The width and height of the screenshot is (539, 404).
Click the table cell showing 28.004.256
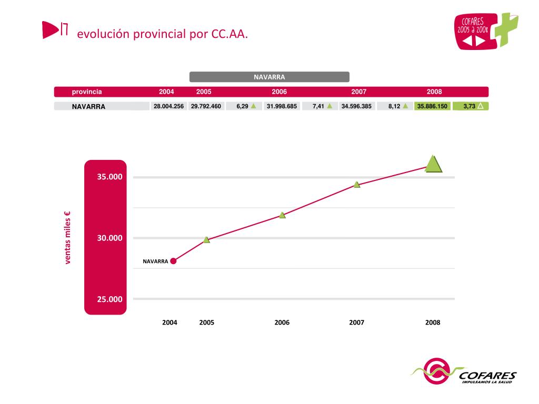(x=168, y=106)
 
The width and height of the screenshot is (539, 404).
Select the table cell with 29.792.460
(x=206, y=106)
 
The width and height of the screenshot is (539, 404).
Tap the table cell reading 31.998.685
(x=282, y=106)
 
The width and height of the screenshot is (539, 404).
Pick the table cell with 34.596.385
(x=356, y=106)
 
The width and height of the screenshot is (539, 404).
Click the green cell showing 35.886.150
(x=432, y=106)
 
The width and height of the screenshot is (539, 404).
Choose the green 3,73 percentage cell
(x=471, y=106)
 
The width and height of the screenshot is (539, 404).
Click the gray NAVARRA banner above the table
(x=269, y=77)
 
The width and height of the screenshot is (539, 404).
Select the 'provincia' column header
(x=87, y=92)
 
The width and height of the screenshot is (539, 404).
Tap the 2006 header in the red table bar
(x=279, y=92)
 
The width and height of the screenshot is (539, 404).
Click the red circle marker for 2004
(x=173, y=261)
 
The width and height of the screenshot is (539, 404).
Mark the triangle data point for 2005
(x=206, y=240)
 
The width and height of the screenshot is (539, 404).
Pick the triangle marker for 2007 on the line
(x=357, y=185)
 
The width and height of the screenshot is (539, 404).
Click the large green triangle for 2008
(x=433, y=165)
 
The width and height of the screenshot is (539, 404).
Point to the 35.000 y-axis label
(x=109, y=177)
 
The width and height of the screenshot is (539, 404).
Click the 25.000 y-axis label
(x=109, y=299)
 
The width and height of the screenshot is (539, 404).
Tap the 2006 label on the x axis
(x=282, y=322)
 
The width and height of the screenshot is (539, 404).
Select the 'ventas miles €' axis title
(x=67, y=238)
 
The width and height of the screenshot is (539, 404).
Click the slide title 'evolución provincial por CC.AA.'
(x=162, y=34)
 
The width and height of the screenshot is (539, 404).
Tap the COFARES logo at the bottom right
(x=463, y=375)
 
